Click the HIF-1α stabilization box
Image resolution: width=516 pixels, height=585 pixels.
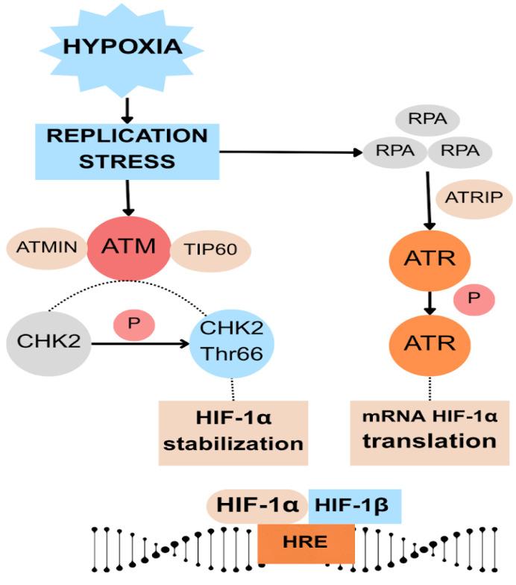click(232, 431)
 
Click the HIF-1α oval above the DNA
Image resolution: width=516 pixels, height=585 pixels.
click(254, 504)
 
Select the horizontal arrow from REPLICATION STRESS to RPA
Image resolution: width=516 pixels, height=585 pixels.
click(291, 152)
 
